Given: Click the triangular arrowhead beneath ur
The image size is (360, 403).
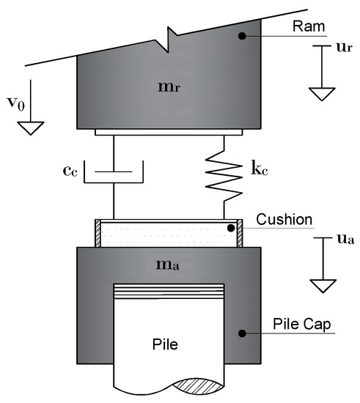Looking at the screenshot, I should (x=320, y=94).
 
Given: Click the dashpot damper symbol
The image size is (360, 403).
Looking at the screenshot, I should (x=114, y=175).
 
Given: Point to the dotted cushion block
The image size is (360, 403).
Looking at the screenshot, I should (x=169, y=234).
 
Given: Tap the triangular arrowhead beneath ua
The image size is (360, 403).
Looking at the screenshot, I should (x=320, y=284).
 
